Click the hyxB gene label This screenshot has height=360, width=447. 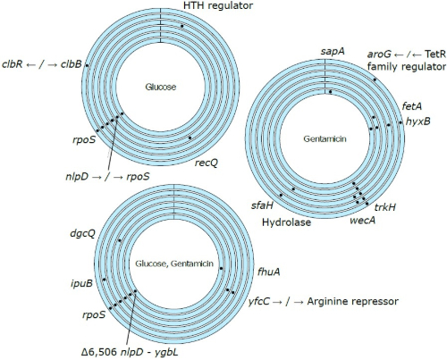[x=418, y=121]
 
